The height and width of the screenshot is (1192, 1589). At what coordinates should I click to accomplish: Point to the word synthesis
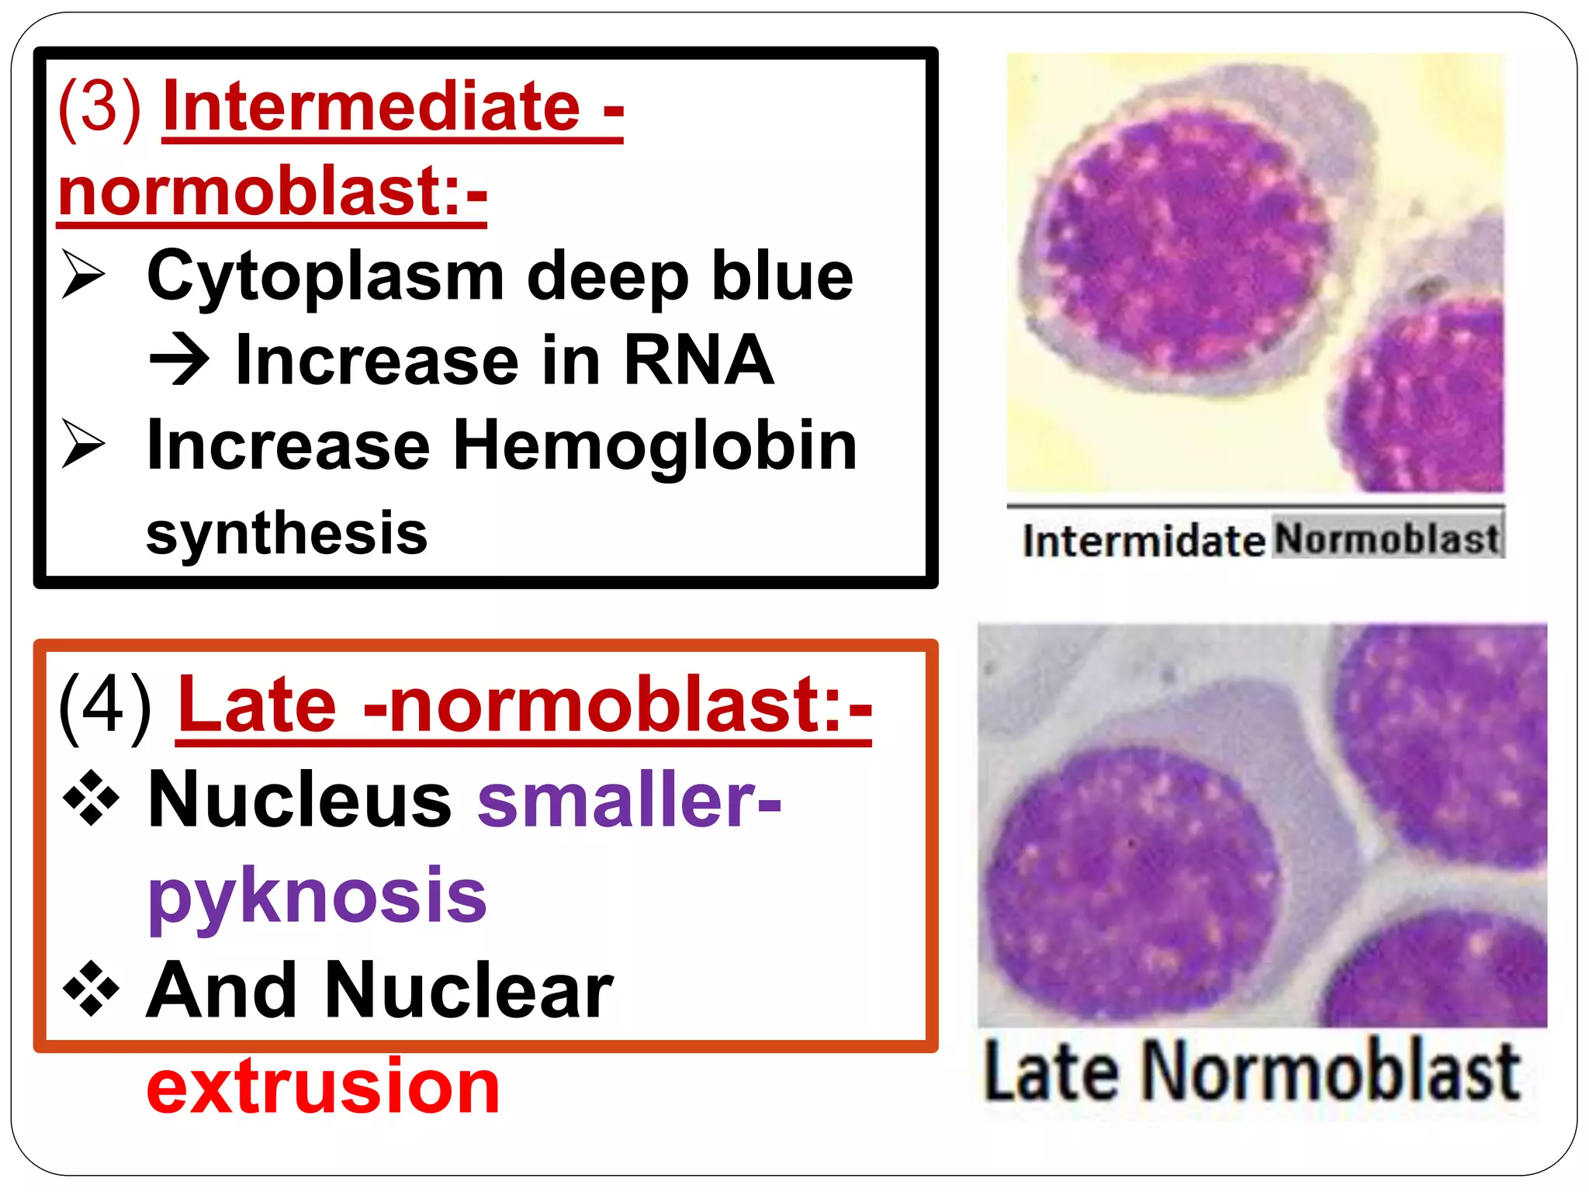pos(286,533)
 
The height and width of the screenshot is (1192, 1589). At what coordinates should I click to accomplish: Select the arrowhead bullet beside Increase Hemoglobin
pos(83,444)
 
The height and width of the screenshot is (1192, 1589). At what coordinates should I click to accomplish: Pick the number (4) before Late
pos(105,706)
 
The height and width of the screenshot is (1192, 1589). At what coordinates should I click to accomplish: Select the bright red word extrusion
pos(323,1086)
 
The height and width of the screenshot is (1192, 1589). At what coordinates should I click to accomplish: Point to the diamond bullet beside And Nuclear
pos(92,989)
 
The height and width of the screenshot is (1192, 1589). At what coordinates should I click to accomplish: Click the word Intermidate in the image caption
pos(1143,541)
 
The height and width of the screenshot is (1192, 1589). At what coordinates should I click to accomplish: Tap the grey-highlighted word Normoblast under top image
pos(1386,538)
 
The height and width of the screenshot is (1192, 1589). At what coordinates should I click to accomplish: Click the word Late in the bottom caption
pos(1051,1072)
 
